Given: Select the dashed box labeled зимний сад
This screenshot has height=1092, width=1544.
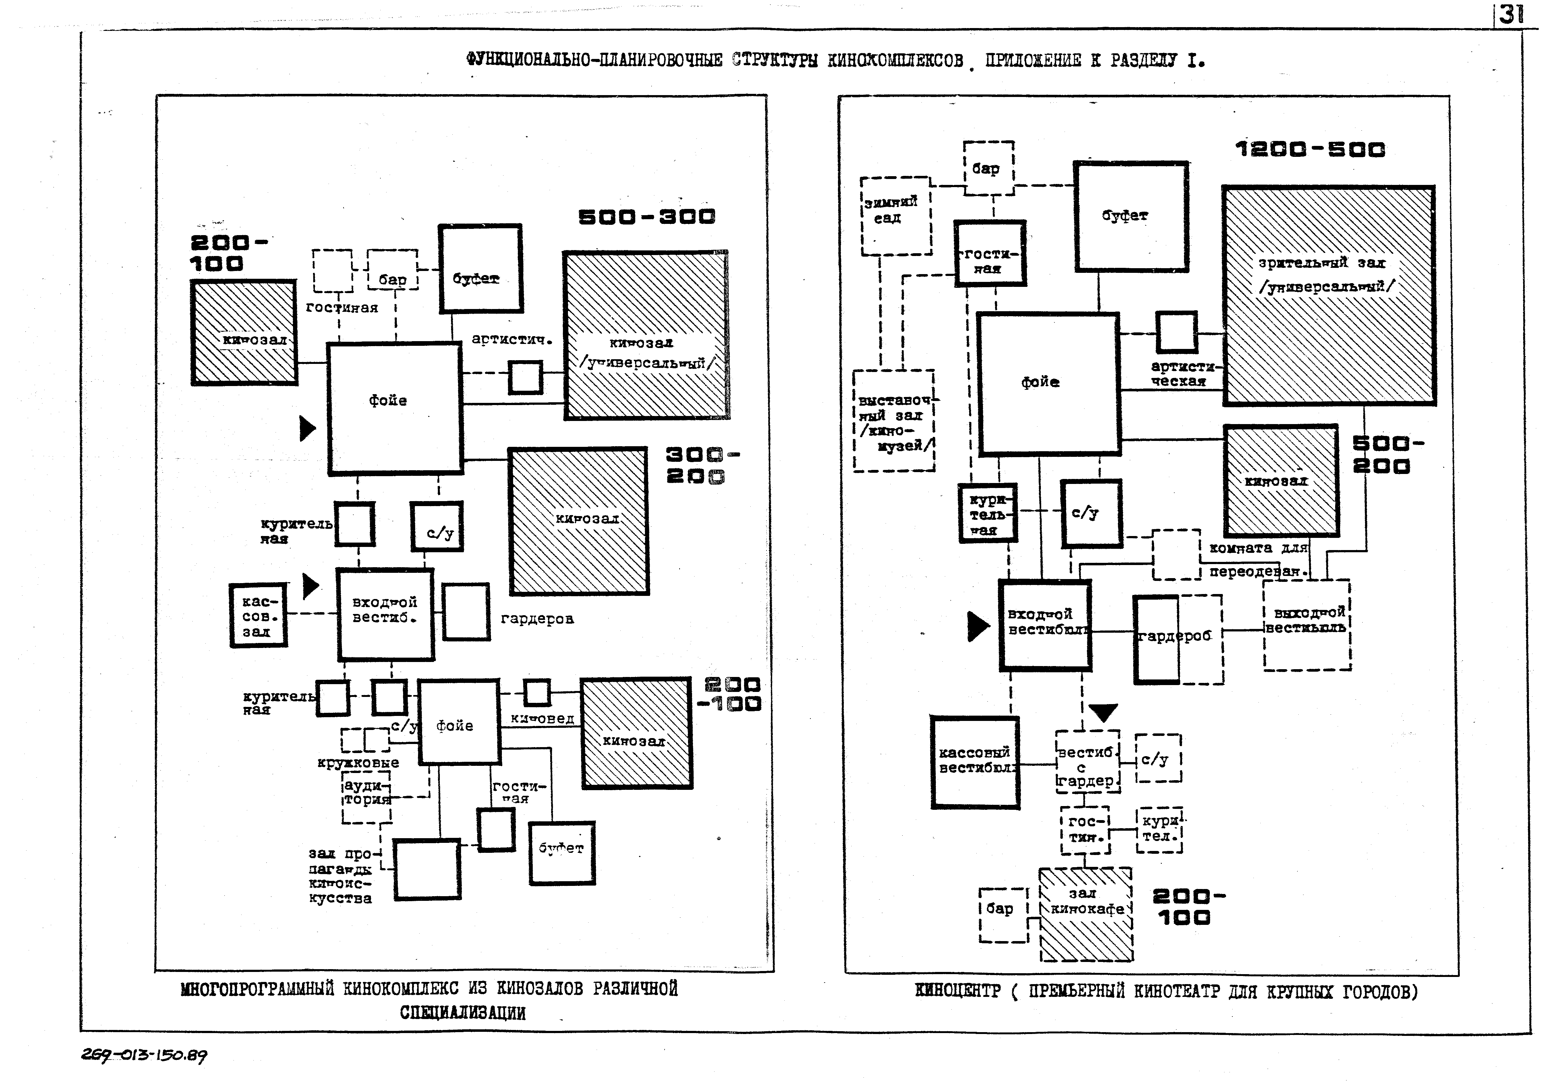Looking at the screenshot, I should [896, 216].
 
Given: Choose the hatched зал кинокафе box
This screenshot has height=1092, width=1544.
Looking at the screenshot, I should [1085, 914].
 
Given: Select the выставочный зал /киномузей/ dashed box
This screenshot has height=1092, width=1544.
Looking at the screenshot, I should [894, 421].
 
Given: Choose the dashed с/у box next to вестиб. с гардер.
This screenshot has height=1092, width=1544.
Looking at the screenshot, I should [1158, 758].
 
